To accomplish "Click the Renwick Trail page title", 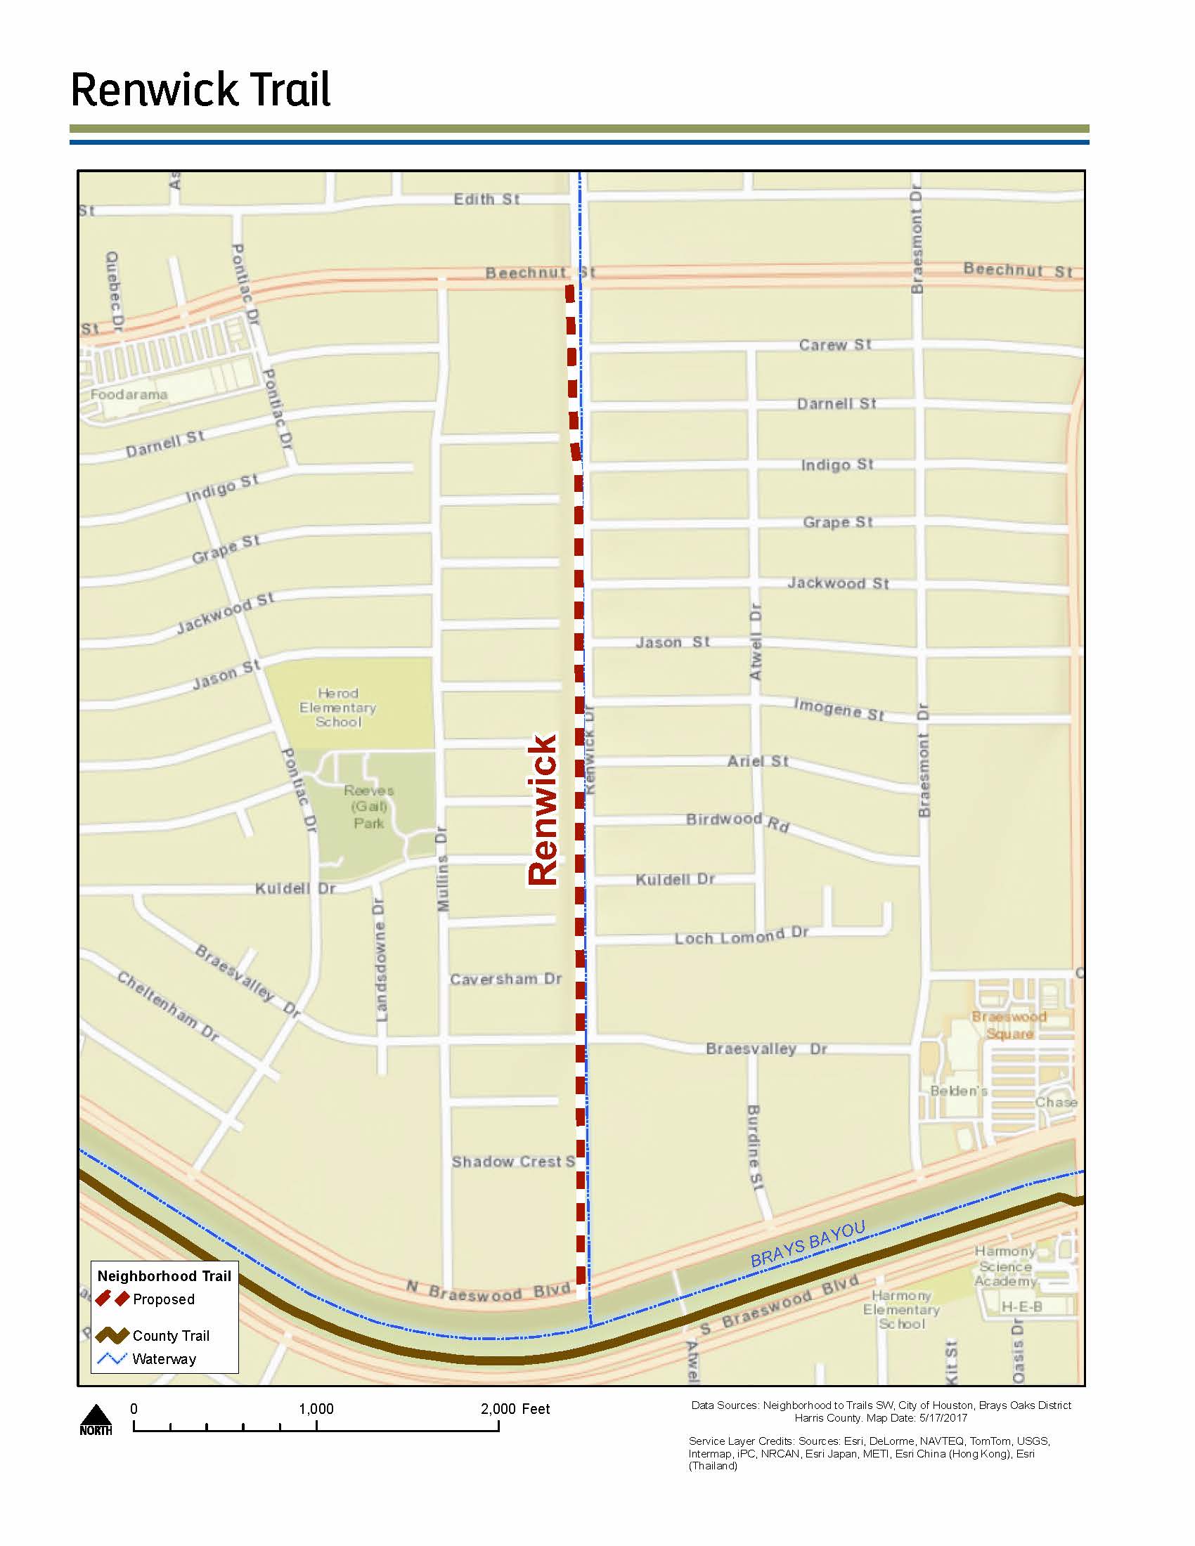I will point(200,90).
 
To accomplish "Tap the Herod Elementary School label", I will point(337,707).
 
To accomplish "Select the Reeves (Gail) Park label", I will point(369,806).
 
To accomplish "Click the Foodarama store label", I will point(129,394).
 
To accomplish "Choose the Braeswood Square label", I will point(1009,1025).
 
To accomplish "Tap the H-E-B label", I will point(1021,1307).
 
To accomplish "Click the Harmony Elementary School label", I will point(901,1310).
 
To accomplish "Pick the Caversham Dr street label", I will point(505,979).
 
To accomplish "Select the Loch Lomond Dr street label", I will point(741,936).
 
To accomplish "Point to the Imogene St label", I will point(839,708).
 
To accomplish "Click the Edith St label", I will point(486,199).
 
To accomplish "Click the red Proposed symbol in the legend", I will point(112,1299).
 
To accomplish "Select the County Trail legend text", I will point(172,1336).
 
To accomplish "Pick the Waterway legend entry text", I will point(164,1359).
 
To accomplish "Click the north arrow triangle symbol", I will point(96,1415).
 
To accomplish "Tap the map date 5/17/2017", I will point(943,1418).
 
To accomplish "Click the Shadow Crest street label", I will point(512,1162).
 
